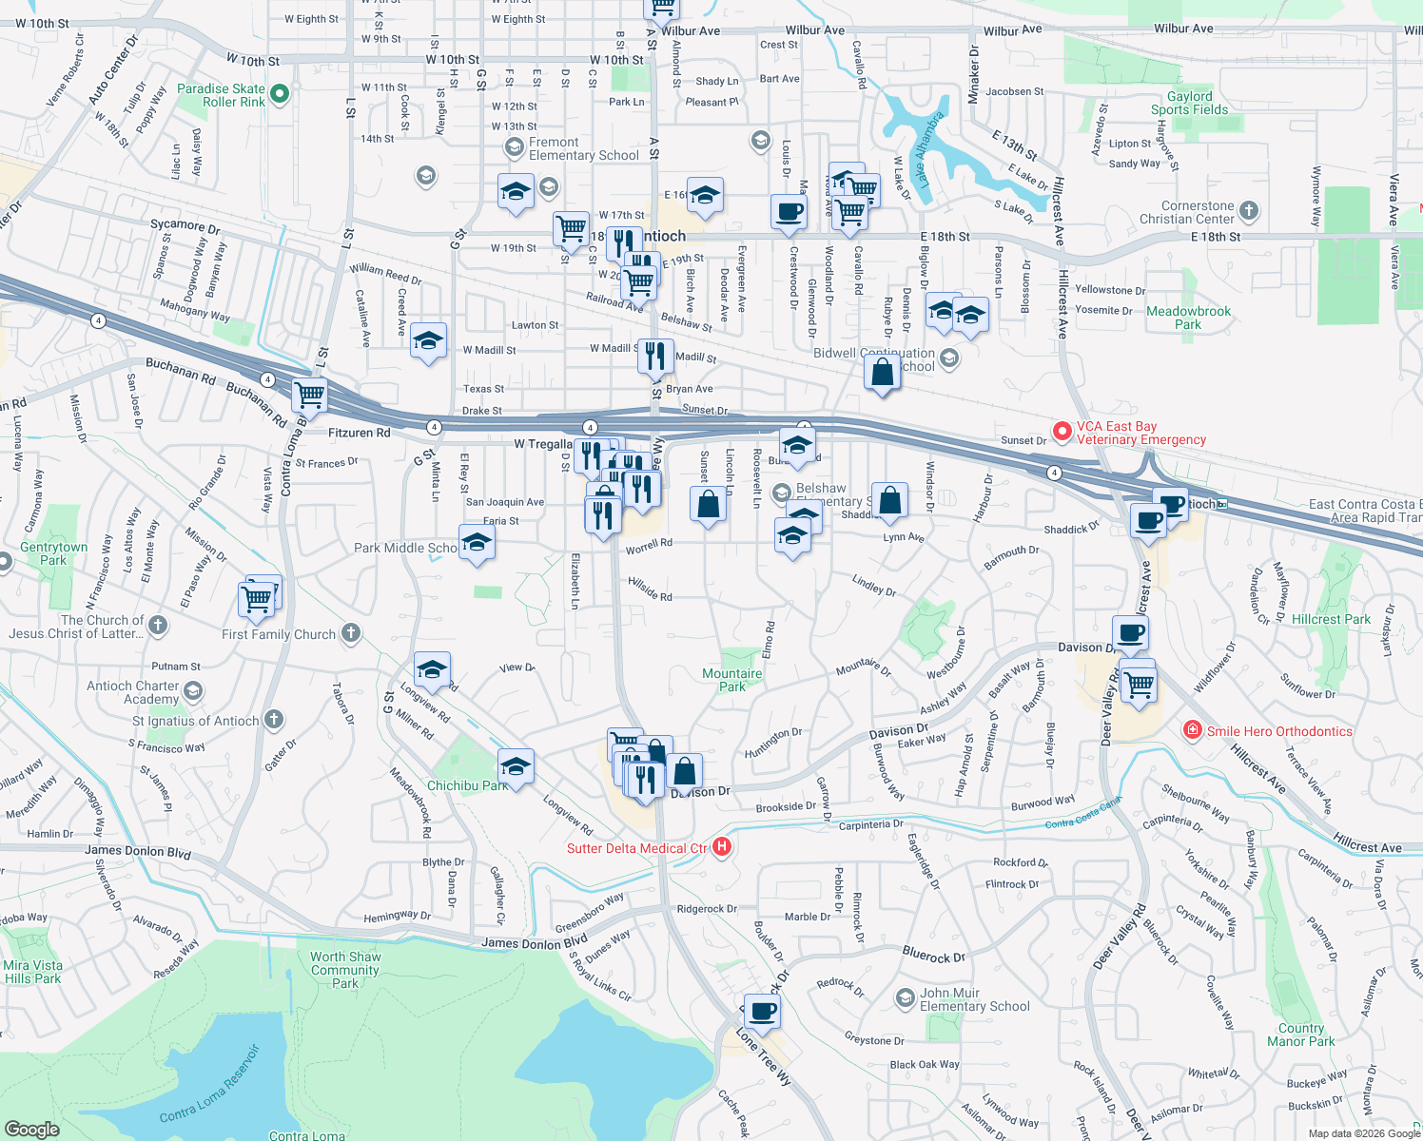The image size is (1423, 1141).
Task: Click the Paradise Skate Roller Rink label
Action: point(221,95)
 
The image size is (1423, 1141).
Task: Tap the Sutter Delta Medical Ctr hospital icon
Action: point(722,846)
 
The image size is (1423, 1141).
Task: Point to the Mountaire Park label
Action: point(731,680)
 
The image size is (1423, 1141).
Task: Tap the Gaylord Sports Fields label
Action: point(1189,103)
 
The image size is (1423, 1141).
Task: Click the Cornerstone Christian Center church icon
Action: point(1249,211)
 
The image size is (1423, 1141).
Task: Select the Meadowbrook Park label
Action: point(1188,318)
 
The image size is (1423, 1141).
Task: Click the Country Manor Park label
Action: point(1300,1035)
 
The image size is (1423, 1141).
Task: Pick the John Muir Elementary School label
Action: point(974,999)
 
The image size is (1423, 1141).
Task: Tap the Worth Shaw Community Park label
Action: point(344,970)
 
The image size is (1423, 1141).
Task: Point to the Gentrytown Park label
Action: point(53,553)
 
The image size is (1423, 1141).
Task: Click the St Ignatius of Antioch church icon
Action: point(274,720)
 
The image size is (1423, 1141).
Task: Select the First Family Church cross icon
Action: point(351,632)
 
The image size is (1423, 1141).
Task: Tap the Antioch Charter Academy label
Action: point(133,692)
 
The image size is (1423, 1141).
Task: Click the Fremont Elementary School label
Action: point(583,148)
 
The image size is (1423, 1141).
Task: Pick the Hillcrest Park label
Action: point(1331,619)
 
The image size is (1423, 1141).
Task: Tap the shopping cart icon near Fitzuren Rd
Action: point(309,394)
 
